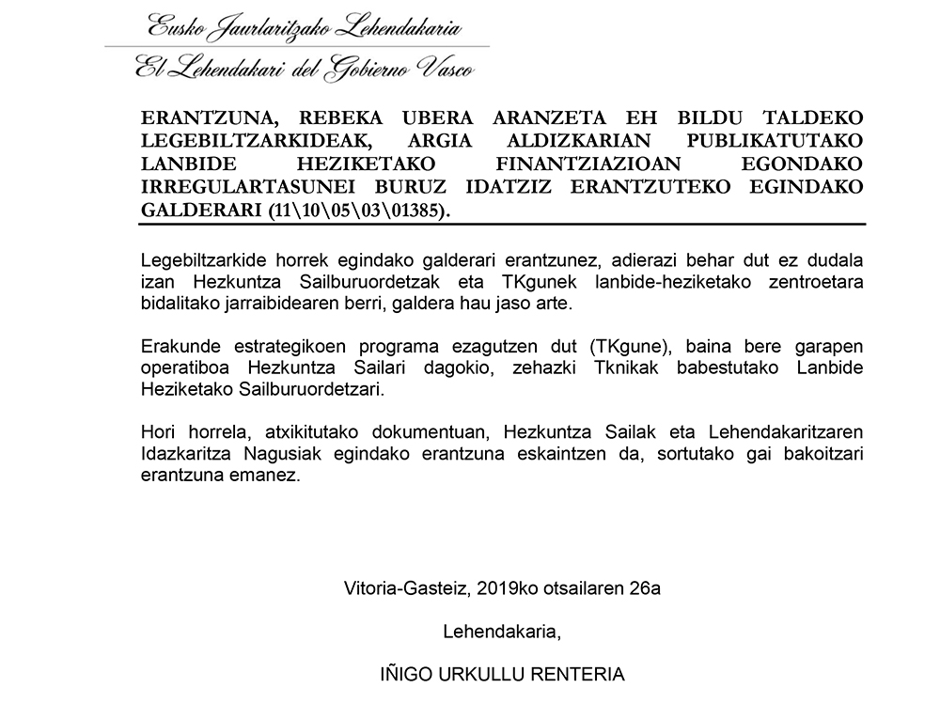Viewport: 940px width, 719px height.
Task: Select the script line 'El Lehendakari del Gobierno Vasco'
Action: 304,67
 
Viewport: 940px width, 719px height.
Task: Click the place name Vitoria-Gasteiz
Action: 407,589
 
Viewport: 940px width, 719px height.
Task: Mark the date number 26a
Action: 645,589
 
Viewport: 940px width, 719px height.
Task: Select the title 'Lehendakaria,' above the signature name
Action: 502,632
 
